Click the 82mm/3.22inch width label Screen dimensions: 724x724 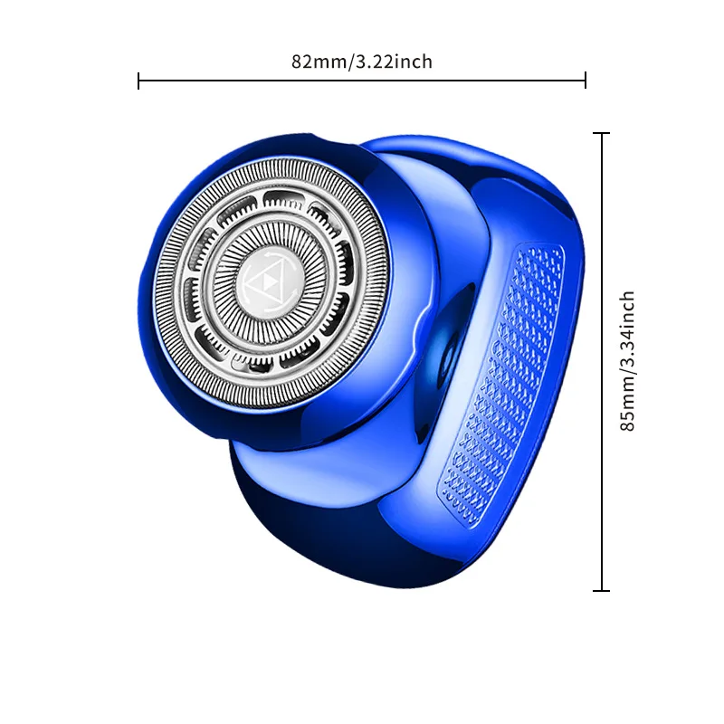pos(362,62)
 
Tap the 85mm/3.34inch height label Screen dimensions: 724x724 pos(627,361)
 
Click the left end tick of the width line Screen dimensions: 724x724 pos(138,81)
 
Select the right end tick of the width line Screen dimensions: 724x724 pos(586,81)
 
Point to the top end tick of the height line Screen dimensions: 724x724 pos(601,133)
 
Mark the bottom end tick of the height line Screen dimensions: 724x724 pos(601,591)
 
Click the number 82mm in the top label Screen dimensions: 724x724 pos(312,62)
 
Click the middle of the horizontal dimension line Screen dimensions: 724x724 pos(362,81)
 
